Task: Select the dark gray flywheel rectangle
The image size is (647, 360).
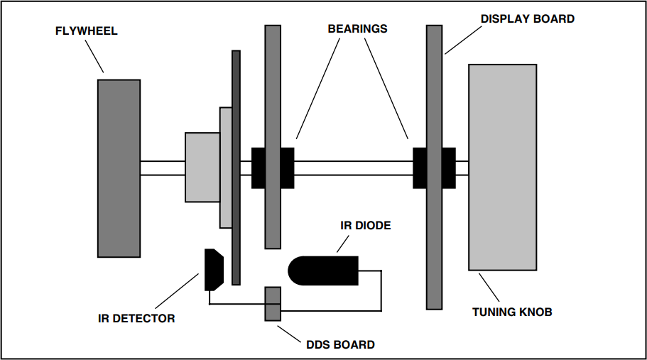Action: [119, 168]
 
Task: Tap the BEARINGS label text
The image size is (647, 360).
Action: [357, 29]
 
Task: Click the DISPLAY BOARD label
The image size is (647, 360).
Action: [527, 19]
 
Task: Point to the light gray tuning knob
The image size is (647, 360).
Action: [501, 167]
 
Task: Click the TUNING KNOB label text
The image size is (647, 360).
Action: [512, 312]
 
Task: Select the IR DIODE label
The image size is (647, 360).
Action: [365, 226]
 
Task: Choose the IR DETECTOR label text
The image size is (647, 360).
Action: [136, 318]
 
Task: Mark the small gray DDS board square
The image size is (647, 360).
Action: [273, 304]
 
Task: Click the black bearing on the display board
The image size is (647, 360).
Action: [434, 168]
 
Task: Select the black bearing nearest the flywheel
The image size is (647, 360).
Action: [273, 168]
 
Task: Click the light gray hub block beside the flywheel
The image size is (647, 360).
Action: [202, 168]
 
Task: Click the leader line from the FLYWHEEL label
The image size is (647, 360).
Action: [94, 56]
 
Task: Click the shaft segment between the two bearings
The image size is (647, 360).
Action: [353, 168]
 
